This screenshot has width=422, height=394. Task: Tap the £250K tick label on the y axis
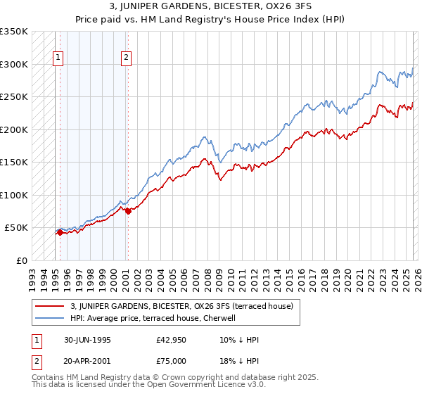tap(14, 97)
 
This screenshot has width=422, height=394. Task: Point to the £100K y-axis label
tap(14, 195)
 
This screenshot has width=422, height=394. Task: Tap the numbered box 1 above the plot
tap(58, 58)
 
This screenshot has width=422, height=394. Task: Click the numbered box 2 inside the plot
tap(127, 58)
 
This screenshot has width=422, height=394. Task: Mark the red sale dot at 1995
tap(60, 232)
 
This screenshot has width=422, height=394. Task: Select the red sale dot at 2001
tap(128, 212)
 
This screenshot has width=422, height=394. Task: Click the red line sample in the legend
tap(51, 305)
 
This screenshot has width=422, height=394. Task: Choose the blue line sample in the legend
tap(51, 317)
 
